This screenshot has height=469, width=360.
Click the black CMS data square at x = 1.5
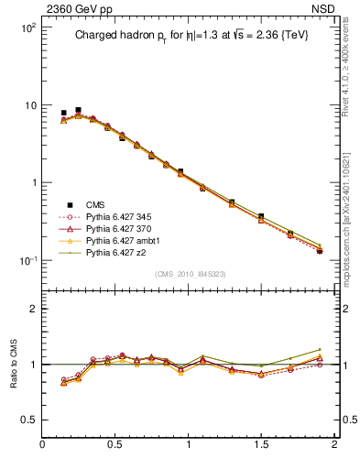(x=261, y=216)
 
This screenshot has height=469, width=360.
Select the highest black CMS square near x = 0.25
(x=78, y=110)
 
